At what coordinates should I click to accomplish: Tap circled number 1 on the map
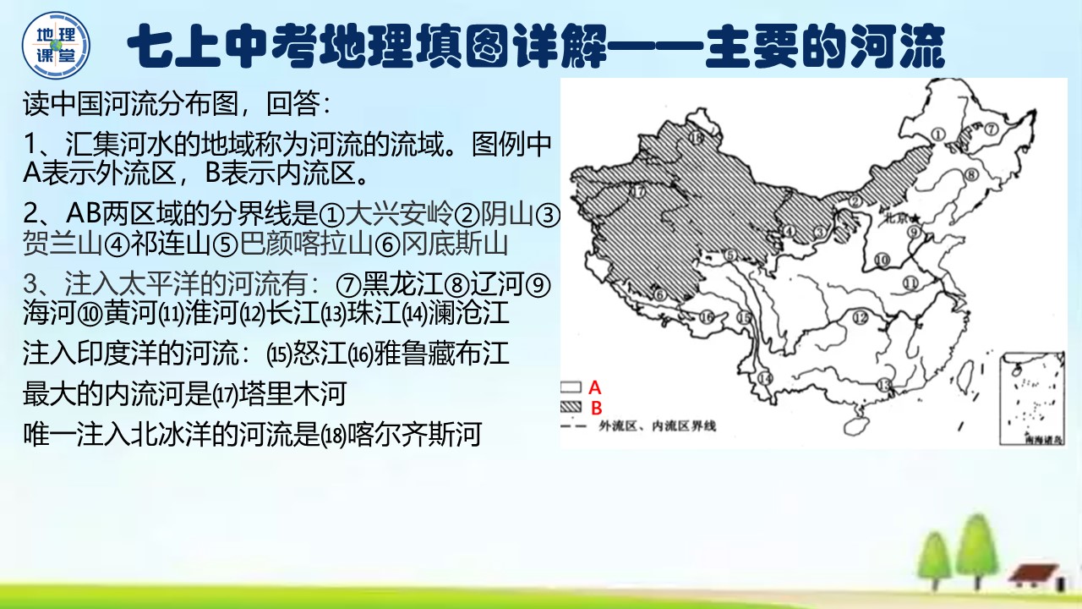(937, 133)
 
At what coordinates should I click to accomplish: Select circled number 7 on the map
(992, 129)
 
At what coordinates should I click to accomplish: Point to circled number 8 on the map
(971, 175)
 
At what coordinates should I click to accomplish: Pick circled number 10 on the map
(882, 261)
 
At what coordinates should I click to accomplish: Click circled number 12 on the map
(861, 317)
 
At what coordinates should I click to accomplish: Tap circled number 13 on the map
(884, 385)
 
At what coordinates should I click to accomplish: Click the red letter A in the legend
(594, 387)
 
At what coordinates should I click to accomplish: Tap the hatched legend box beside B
(571, 407)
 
